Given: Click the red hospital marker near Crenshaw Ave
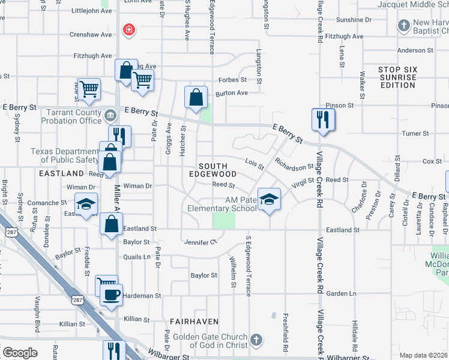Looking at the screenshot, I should tap(128, 29).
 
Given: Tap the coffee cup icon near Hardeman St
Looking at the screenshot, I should tap(111, 295).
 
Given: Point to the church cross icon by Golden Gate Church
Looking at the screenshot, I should tap(256, 340).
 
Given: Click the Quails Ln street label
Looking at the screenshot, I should tap(138, 257).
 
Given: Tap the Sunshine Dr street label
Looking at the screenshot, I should tap(355, 20).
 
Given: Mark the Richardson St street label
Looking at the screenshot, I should tap(295, 164).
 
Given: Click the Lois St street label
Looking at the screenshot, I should tap(255, 163).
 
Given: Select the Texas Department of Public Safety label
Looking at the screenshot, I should tap(65, 156).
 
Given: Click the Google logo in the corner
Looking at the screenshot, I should tap(20, 352).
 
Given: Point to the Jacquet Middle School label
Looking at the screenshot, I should tap(413, 4).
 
